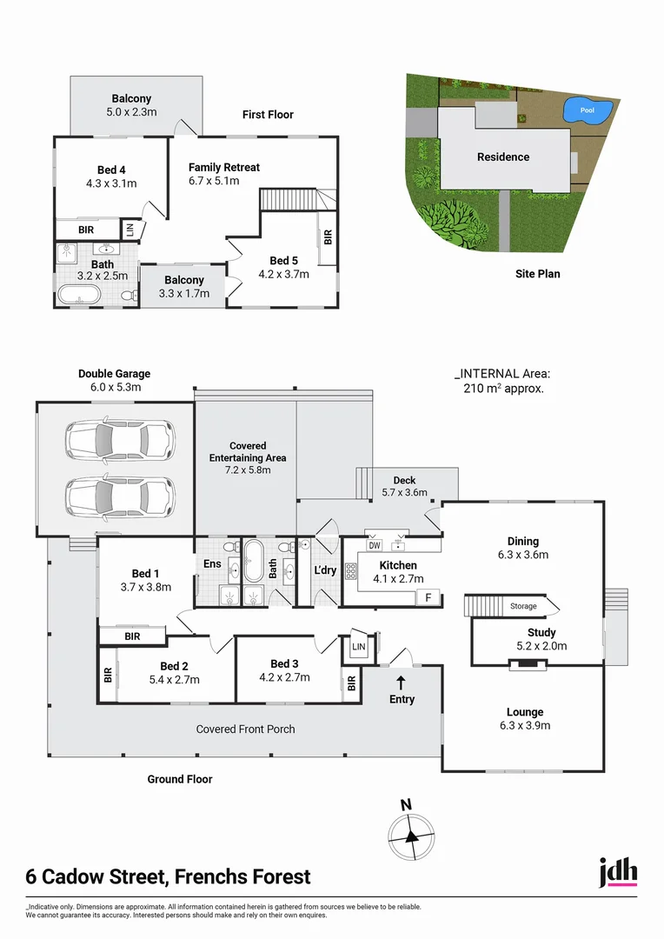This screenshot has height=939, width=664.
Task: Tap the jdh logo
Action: click(618, 872)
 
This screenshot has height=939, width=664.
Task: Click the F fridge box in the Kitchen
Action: click(428, 597)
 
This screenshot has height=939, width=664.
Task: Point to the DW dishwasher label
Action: click(375, 546)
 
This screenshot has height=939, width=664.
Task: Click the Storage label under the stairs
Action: click(523, 606)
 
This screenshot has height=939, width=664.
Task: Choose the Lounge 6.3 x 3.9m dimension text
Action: click(525, 726)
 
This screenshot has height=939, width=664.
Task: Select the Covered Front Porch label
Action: click(245, 729)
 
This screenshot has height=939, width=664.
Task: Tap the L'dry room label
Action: click(325, 570)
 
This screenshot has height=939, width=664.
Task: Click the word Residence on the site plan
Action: click(503, 157)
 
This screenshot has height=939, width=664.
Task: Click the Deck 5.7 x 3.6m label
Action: click(405, 487)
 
